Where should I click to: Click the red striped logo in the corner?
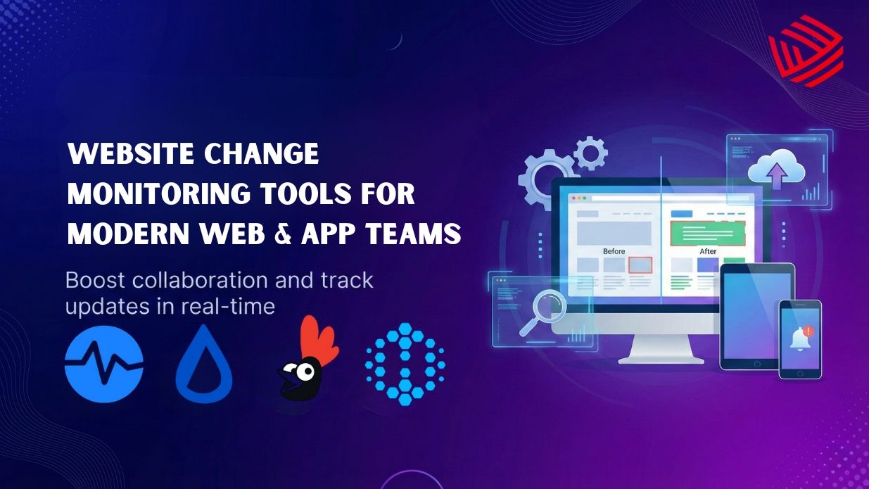click(x=806, y=50)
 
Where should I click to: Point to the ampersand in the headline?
click(x=283, y=233)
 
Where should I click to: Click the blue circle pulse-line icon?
click(x=103, y=364)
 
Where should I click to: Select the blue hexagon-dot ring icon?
click(x=405, y=364)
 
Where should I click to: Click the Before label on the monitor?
click(x=614, y=251)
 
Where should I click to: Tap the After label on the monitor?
click(x=707, y=251)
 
